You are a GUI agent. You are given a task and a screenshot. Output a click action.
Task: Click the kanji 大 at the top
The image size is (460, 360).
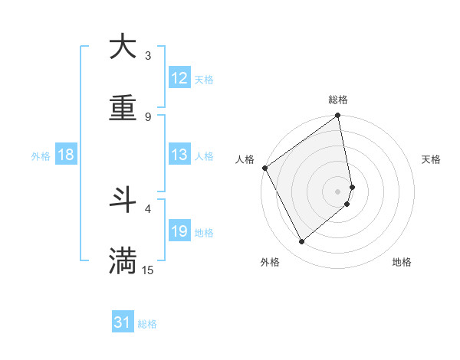coord(123,47)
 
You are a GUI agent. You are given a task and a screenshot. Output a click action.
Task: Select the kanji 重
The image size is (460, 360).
coord(123,109)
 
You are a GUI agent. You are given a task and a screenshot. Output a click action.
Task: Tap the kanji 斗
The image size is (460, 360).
coord(123,201)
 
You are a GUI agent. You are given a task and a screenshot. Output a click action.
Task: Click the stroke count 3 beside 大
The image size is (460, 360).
coord(148,56)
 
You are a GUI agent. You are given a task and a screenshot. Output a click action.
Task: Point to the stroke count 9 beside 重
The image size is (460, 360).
coord(148,117)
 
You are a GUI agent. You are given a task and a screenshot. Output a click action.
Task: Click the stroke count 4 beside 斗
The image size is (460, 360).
coord(148,208)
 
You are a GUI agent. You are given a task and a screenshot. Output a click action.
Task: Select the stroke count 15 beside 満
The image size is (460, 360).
coord(148,270)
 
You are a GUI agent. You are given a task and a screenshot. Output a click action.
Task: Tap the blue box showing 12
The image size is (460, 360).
coord(179,78)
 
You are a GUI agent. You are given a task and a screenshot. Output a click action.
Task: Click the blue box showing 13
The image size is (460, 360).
coord(179,155)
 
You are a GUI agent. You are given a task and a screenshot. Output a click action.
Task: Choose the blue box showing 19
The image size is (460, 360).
coord(179,231)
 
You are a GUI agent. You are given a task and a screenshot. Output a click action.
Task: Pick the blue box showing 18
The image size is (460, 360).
coord(66,155)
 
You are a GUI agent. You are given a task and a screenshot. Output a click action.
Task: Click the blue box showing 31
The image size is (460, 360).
coord(123,323)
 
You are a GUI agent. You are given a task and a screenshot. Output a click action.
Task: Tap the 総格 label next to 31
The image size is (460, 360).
coord(147,324)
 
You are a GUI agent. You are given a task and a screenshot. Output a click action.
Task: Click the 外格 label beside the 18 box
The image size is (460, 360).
coord(41,155)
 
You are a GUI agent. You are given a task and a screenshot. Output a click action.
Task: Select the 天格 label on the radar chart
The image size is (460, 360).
coord(431,159)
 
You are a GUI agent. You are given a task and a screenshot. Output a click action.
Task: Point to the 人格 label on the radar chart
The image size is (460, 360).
coord(245,159)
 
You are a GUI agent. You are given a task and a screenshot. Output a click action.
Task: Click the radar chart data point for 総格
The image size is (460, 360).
coord(337,116)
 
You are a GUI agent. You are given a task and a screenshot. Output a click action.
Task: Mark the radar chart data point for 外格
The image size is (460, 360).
coord(302,242)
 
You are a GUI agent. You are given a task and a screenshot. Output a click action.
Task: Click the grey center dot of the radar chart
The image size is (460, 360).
coord(337,191)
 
